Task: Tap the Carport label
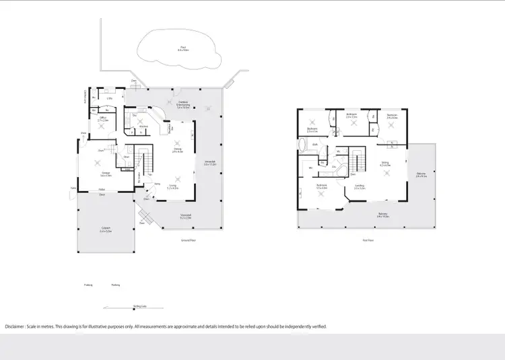(105, 230)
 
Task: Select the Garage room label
(106, 174)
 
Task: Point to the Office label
(104, 118)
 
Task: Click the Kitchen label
(143, 126)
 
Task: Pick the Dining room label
(177, 151)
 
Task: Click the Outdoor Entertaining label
(182, 104)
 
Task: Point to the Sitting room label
(385, 163)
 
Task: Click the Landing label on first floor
(360, 187)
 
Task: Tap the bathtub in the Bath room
(302, 146)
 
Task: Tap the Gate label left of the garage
(72, 188)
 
